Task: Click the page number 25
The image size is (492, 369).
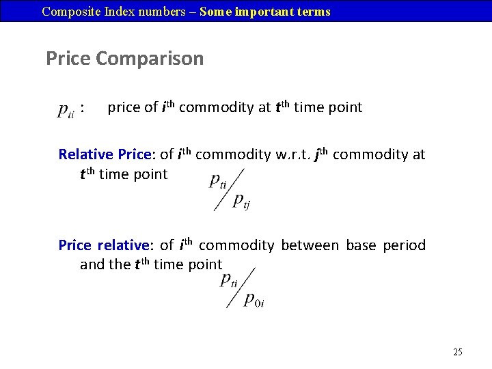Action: coord(458,352)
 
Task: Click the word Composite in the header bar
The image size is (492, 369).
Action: coord(67,12)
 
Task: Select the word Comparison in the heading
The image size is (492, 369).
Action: coord(150,59)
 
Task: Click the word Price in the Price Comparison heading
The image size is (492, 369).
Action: coord(68,59)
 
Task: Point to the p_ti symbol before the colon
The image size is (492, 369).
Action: coord(66,109)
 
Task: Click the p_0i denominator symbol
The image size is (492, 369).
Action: coord(254,299)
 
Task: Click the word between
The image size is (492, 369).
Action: coord(310,245)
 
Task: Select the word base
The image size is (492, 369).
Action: coord(361,245)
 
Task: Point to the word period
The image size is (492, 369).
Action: coord(404,245)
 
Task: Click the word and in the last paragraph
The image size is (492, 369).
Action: coord(92,264)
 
